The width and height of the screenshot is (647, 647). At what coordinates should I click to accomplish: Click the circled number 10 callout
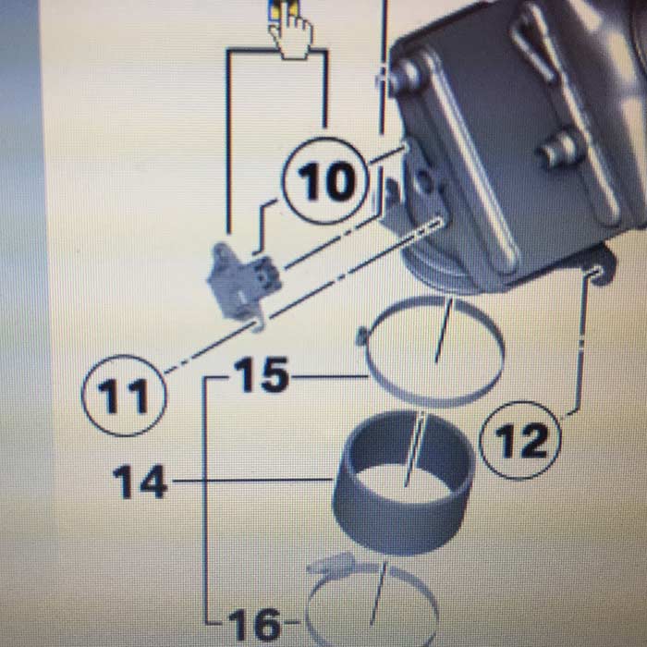pyautogui.click(x=325, y=181)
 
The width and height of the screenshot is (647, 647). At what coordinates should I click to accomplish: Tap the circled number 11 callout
pyautogui.click(x=124, y=396)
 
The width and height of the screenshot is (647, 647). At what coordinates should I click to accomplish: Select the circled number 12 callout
pyautogui.click(x=520, y=440)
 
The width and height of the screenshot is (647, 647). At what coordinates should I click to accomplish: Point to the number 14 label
pyautogui.click(x=140, y=482)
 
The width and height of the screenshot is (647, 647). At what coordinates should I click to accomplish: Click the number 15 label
pyautogui.click(x=262, y=374)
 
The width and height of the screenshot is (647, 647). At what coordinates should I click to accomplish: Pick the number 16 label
pyautogui.click(x=254, y=624)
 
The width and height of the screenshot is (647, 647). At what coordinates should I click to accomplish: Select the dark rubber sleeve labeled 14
pyautogui.click(x=404, y=482)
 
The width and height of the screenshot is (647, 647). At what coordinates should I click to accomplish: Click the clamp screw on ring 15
pyautogui.click(x=362, y=336)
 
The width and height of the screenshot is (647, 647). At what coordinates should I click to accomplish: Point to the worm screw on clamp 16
pyautogui.click(x=331, y=564)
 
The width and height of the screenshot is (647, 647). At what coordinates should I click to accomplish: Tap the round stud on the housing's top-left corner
pyautogui.click(x=407, y=75)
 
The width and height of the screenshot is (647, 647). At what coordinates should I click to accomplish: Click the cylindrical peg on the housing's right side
pyautogui.click(x=560, y=150)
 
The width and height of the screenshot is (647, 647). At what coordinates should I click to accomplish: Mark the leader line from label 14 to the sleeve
pyautogui.click(x=252, y=481)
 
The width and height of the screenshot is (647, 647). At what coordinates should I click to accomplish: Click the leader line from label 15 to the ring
pyautogui.click(x=329, y=376)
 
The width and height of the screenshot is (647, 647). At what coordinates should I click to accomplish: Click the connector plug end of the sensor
pyautogui.click(x=267, y=274)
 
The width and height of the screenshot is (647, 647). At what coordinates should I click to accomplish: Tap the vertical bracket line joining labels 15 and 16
pyautogui.click(x=205, y=500)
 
